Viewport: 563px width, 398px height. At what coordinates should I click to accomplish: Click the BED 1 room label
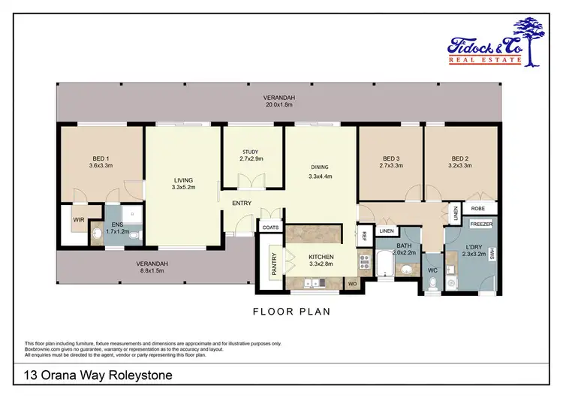pyautogui.click(x=101, y=158)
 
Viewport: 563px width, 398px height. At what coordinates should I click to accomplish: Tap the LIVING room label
pyautogui.click(x=183, y=180)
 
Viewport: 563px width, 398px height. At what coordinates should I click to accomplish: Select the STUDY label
pyautogui.click(x=250, y=152)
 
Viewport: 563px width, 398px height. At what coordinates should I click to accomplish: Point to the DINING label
pyautogui.click(x=321, y=167)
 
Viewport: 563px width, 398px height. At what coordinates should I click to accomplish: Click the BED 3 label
pyautogui.click(x=391, y=158)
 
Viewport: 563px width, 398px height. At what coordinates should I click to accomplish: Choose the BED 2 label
pyautogui.click(x=460, y=158)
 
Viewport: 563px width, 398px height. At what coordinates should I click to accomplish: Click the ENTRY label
pyautogui.click(x=241, y=203)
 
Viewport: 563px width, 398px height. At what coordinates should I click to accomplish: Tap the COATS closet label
pyautogui.click(x=269, y=228)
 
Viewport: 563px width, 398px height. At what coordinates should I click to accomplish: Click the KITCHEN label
pyautogui.click(x=321, y=257)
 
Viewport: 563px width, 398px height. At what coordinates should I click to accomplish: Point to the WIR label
pyautogui.click(x=78, y=220)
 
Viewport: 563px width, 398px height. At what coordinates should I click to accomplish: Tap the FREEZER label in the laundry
pyautogui.click(x=480, y=224)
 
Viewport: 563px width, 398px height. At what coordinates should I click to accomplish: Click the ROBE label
pyautogui.click(x=477, y=210)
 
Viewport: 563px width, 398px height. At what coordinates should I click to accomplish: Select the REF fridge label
pyautogui.click(x=363, y=235)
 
